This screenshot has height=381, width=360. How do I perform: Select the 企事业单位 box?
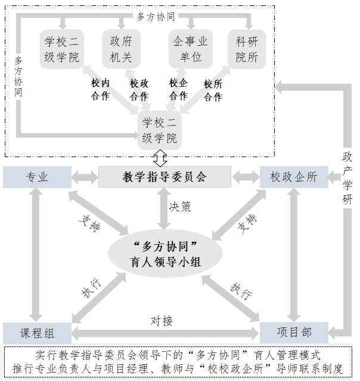point(190,49)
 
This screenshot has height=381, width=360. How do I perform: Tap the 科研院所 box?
point(247,49)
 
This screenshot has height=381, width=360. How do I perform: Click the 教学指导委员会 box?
point(165,177)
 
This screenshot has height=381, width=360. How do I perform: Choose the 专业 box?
point(37,177)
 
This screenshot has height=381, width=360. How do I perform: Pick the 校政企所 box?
point(294,177)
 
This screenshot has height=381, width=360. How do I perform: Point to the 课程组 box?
point(37,332)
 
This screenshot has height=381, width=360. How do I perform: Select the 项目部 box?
point(294,332)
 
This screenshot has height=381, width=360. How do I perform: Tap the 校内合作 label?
point(100,90)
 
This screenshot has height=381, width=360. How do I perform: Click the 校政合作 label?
point(139,90)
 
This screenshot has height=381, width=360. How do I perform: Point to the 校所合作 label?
point(213,90)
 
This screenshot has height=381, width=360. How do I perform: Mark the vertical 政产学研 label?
point(347,178)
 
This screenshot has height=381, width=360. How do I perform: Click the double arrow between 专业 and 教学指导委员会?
point(85,177)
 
